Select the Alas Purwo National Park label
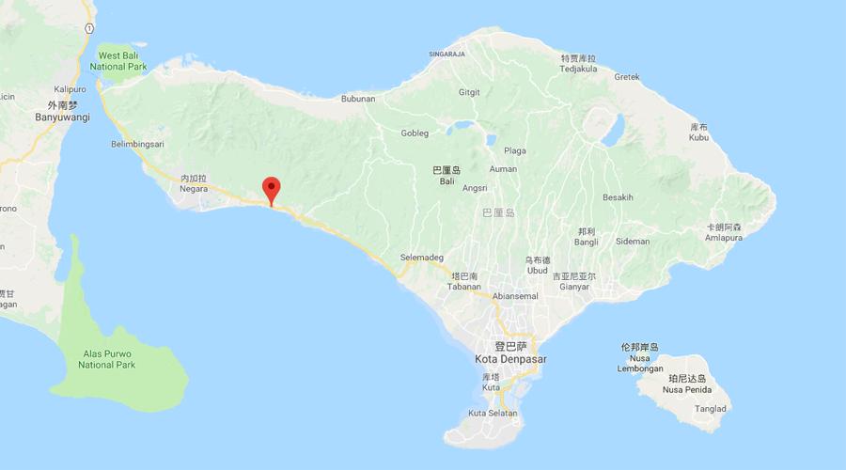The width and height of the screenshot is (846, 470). pos(107,359)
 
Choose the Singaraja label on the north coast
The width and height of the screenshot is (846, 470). pos(448,54)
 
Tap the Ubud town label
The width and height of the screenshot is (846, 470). pos(537,270)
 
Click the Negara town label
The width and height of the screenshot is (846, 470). pos(193,188)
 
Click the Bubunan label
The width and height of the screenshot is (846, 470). pos(358,98)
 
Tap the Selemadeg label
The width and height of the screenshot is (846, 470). pos(421,258)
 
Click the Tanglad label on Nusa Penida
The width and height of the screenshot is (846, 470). pos(711,408)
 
